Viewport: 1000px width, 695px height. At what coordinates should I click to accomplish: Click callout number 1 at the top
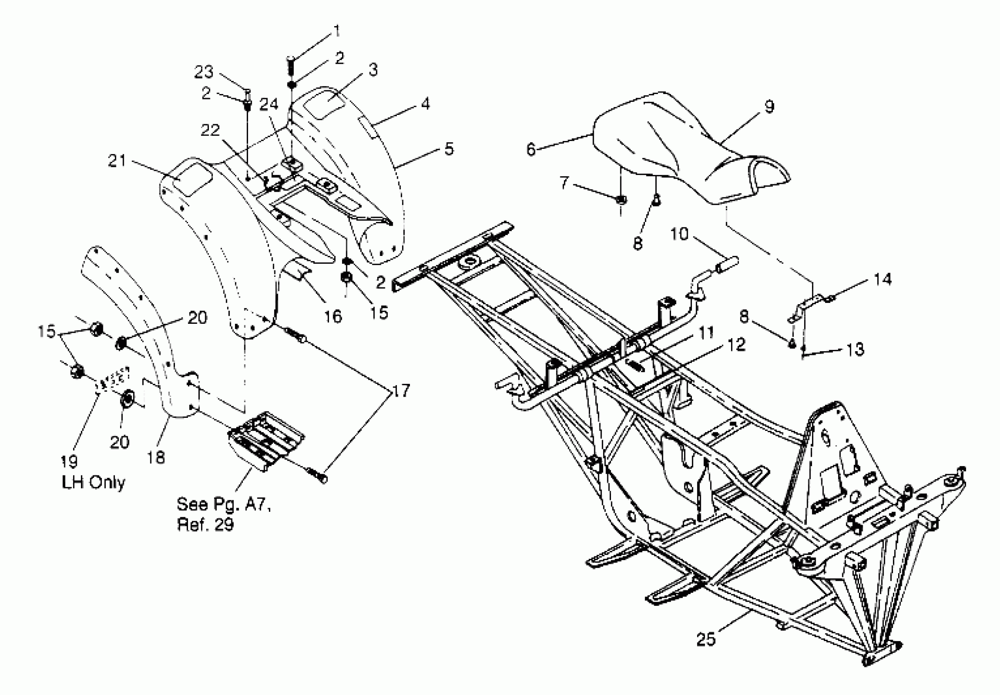click(x=336, y=31)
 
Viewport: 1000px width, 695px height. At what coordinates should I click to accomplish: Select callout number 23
click(x=204, y=72)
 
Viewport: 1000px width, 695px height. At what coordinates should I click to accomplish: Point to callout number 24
click(x=268, y=104)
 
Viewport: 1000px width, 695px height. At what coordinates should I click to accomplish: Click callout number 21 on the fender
click(x=116, y=161)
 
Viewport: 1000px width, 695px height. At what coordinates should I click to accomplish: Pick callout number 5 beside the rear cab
click(x=449, y=148)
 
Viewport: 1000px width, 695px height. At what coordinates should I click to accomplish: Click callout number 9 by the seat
click(x=769, y=106)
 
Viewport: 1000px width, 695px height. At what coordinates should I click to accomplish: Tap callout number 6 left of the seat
click(x=530, y=149)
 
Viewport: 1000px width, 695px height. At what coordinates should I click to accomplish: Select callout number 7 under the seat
click(x=564, y=182)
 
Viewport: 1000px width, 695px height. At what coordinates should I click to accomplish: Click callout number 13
click(x=855, y=349)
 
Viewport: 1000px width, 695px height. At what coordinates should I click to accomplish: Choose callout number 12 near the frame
click(x=736, y=345)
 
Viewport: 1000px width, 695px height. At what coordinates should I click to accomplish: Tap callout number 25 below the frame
click(x=706, y=639)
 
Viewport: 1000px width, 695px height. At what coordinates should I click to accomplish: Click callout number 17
click(x=401, y=390)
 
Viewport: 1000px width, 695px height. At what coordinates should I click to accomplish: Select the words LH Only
click(x=93, y=482)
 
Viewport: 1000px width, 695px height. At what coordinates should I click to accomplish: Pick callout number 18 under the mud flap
click(x=156, y=457)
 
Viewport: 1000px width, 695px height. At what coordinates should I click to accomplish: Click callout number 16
click(x=333, y=316)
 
